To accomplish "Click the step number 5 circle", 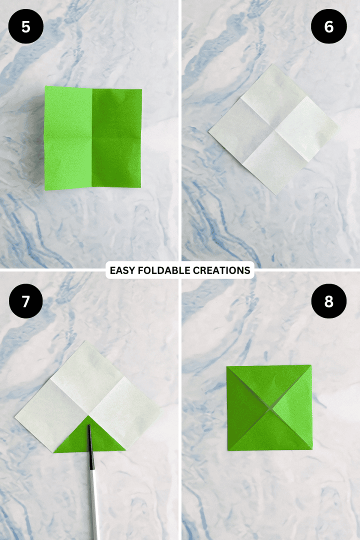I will click(x=25, y=26).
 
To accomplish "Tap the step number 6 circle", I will click(x=328, y=26).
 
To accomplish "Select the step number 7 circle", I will click(x=25, y=301).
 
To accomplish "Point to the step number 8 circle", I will click(x=328, y=301).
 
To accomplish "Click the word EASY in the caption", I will click(x=121, y=270).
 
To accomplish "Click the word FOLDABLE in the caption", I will click(x=162, y=270).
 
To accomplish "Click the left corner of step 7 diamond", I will click(x=15, y=413).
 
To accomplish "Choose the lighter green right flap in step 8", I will click(x=295, y=407).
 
